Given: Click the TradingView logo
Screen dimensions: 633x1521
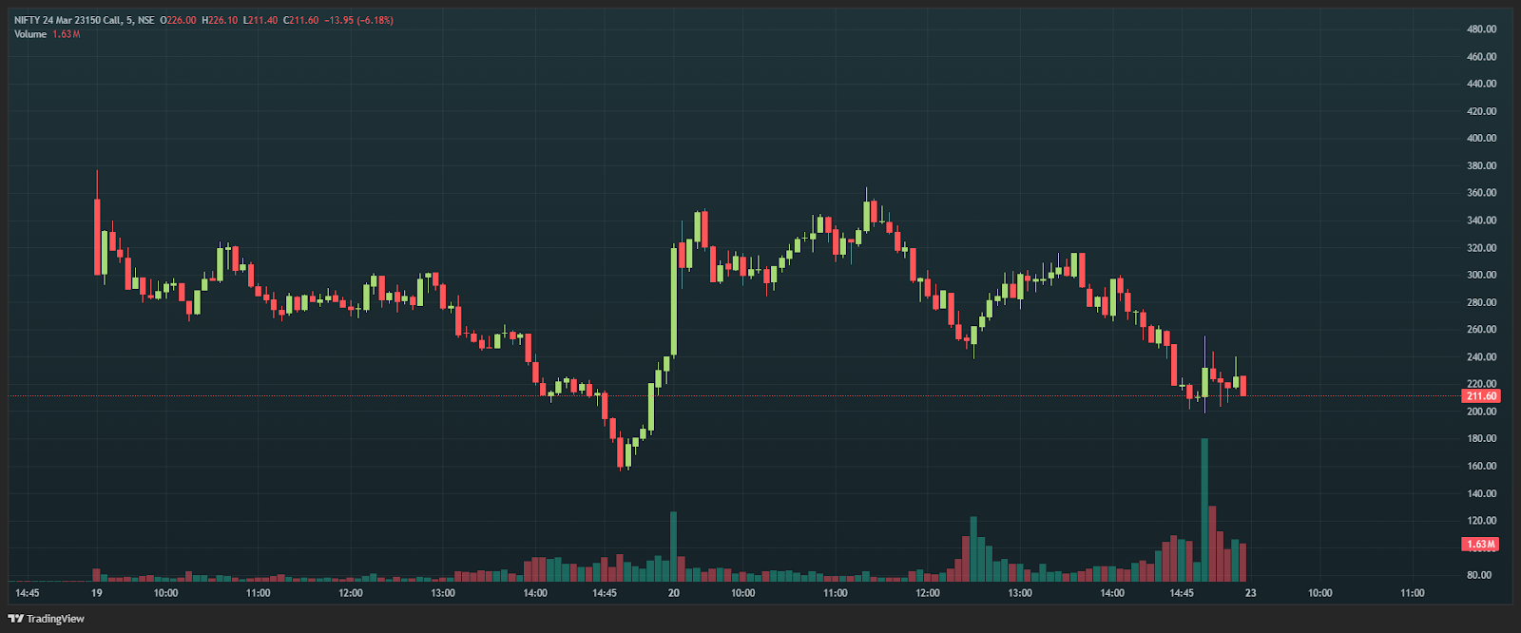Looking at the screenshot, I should coord(46,619).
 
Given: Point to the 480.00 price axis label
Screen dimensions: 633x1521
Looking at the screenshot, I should coord(1481,29).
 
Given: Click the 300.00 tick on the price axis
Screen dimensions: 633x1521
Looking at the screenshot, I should coord(1481,275).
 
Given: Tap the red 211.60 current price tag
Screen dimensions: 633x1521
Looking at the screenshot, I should coord(1480,396).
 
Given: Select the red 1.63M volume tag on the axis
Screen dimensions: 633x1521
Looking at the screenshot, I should coord(1480,545).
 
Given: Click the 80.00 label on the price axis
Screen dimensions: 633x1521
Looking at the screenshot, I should coord(1479,575).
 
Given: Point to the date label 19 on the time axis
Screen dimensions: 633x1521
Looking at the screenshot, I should coord(97,593).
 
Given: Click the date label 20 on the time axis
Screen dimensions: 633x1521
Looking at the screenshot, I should coord(673,593).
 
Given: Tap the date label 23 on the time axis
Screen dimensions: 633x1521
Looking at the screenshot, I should coord(1250,593).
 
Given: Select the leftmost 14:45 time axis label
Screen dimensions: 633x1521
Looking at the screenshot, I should coord(28,593).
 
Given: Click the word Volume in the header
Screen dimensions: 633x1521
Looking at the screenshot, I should coord(30,34).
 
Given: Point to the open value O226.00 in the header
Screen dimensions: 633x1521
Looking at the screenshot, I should coord(178,20).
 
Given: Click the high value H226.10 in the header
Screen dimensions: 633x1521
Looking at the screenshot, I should coord(220,20).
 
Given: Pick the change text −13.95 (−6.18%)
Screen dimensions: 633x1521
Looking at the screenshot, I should coord(358,20).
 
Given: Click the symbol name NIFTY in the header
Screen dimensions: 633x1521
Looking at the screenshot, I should coord(27,20).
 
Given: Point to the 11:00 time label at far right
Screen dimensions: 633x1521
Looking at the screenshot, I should coord(1412,593).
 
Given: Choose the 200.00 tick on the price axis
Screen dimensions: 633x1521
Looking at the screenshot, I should coord(1481,412).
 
